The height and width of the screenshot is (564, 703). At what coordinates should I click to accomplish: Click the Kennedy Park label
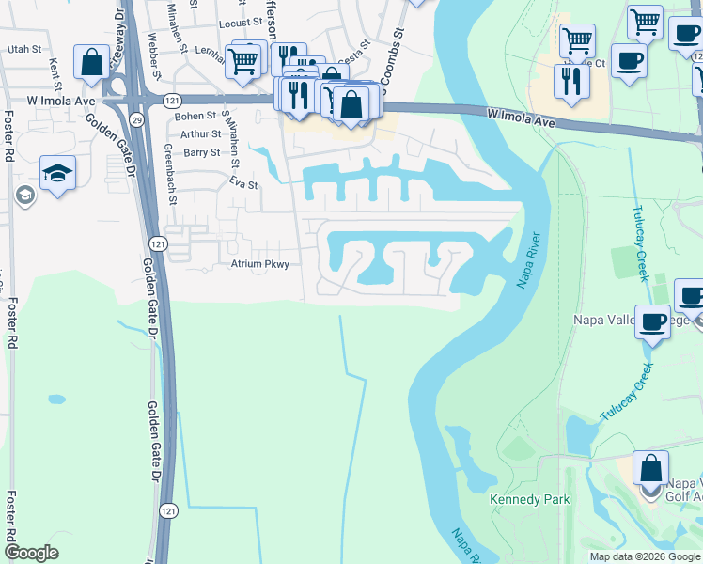(529, 499)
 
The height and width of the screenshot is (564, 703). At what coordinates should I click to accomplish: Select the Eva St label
(241, 185)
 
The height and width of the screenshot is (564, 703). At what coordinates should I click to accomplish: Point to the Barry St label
(201, 152)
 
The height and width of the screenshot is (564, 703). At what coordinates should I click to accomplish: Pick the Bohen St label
(195, 116)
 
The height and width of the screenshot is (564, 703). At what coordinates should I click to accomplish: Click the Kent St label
(55, 69)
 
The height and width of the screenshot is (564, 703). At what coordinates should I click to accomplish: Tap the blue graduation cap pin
(57, 174)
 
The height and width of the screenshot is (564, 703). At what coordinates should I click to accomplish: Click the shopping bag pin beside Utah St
(92, 64)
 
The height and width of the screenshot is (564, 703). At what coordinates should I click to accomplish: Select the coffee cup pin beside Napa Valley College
(653, 322)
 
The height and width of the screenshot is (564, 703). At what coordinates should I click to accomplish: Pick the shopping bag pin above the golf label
(650, 468)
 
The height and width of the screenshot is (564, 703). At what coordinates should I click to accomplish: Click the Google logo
(31, 553)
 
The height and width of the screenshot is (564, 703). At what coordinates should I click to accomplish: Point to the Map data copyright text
(644, 556)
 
